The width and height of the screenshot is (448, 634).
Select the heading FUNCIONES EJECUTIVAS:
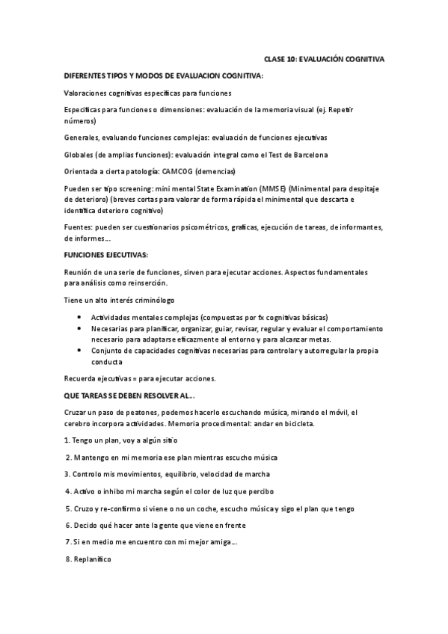[105, 255]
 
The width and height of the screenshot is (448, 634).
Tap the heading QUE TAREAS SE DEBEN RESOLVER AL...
[129, 396]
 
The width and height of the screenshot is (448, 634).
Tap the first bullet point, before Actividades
[81, 317]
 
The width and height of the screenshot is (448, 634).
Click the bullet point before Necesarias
[81, 328]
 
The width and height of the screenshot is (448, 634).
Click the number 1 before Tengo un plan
[67, 440]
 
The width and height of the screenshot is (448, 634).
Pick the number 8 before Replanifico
[67, 558]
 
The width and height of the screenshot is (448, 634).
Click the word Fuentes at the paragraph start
[77, 227]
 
